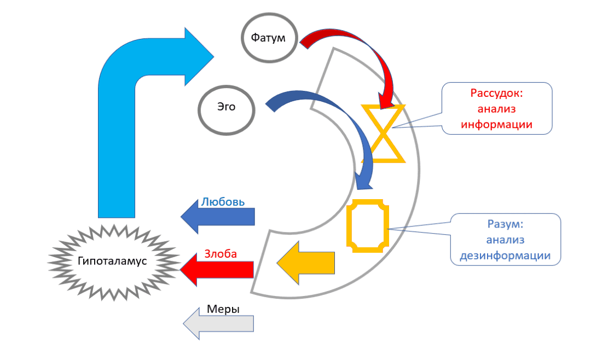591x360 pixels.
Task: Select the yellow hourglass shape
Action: [384, 134]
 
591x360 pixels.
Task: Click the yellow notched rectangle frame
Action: [367, 225]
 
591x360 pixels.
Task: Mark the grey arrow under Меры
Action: [218, 323]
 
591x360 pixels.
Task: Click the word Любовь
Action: [223, 201]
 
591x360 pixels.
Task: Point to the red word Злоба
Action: [221, 254]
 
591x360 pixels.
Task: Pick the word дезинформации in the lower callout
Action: [505, 255]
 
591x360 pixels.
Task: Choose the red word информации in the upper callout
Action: [496, 124]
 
